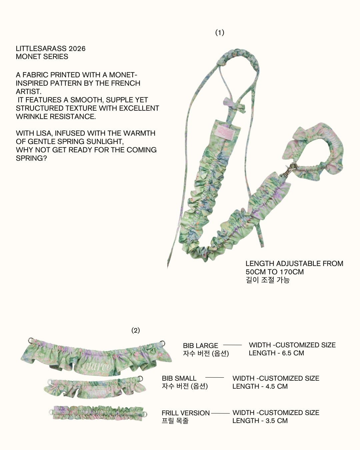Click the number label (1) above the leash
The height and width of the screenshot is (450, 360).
220,32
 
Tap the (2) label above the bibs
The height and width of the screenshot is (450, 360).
135,330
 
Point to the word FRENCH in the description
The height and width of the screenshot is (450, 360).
126,83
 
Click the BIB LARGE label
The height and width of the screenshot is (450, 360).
200,346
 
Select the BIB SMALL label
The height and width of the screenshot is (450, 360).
179,378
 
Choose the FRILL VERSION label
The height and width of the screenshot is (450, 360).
186,413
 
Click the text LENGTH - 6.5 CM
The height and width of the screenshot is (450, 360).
276,353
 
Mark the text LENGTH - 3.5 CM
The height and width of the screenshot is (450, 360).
260,421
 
